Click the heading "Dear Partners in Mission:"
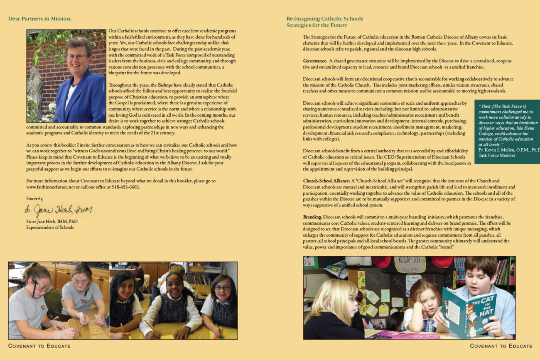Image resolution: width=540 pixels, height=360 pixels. [x=40, y=19]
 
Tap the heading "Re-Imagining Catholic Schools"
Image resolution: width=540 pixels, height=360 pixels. [x=325, y=19]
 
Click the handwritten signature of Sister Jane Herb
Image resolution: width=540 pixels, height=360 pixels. [x=58, y=210]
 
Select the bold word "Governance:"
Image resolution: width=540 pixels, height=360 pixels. [x=315, y=61]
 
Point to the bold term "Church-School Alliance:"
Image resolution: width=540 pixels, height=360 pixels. [x=326, y=181]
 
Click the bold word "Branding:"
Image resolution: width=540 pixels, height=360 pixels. [x=312, y=217]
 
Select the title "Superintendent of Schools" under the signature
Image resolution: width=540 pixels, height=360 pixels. [x=50, y=227]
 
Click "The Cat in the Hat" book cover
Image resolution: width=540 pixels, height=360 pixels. [x=463, y=309]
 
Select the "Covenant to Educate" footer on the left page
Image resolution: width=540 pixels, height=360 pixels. [x=39, y=346]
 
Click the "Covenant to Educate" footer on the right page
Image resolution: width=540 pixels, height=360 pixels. [x=501, y=346]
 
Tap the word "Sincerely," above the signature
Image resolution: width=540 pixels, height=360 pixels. [x=34, y=198]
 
